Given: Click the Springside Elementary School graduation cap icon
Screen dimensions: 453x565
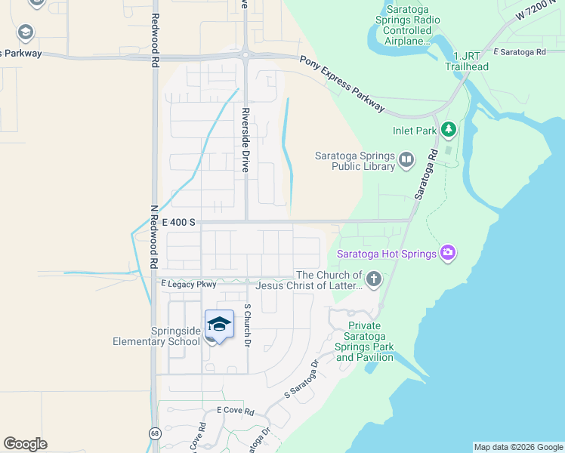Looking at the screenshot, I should click(x=219, y=324).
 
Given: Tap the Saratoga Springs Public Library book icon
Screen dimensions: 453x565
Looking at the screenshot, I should click(x=406, y=159).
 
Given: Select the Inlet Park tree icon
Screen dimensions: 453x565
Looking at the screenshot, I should click(x=449, y=130).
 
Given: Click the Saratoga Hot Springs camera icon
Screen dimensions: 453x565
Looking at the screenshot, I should click(x=448, y=253).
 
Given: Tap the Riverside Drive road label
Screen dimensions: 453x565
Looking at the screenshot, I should click(x=245, y=140).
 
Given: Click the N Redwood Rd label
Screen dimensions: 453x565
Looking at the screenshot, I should click(x=153, y=238).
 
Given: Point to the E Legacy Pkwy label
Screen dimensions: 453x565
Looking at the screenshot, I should click(x=189, y=285).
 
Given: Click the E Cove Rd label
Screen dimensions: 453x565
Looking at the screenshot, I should click(x=235, y=410).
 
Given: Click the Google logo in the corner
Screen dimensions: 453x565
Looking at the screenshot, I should click(x=25, y=444).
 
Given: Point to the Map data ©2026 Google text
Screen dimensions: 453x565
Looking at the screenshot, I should click(x=518, y=447).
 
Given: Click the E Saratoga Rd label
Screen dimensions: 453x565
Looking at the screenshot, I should click(x=519, y=52).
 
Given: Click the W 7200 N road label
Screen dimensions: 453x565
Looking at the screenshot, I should click(x=540, y=13).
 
